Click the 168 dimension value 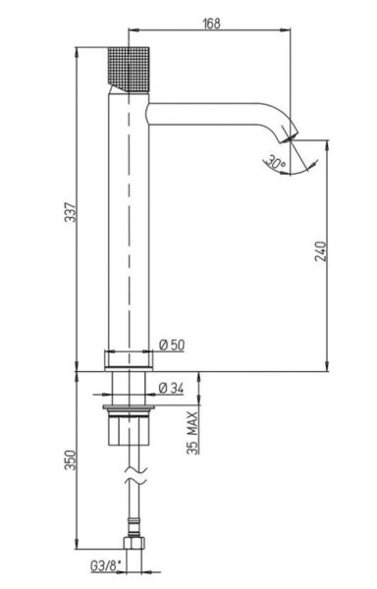(x=211, y=24)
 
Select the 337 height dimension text (x=71, y=212)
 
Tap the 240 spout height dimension (x=321, y=251)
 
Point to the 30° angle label (x=275, y=163)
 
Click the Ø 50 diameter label (x=172, y=345)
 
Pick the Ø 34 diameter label (x=171, y=388)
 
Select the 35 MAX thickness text (x=192, y=433)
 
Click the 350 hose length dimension (x=71, y=459)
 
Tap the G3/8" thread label (x=106, y=565)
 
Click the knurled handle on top (x=129, y=70)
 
